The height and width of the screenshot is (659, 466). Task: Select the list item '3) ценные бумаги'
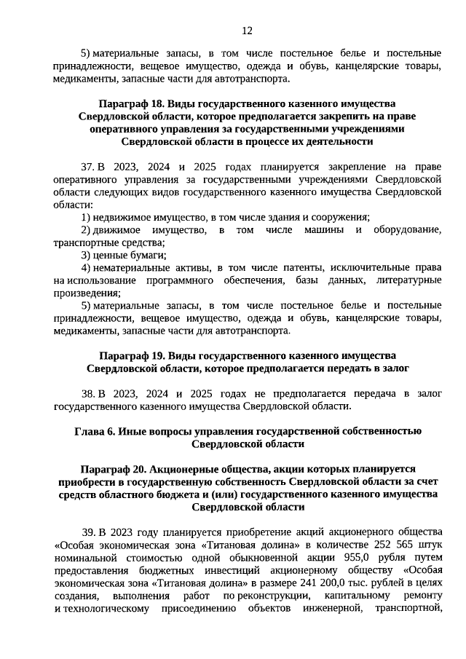[124, 255]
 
